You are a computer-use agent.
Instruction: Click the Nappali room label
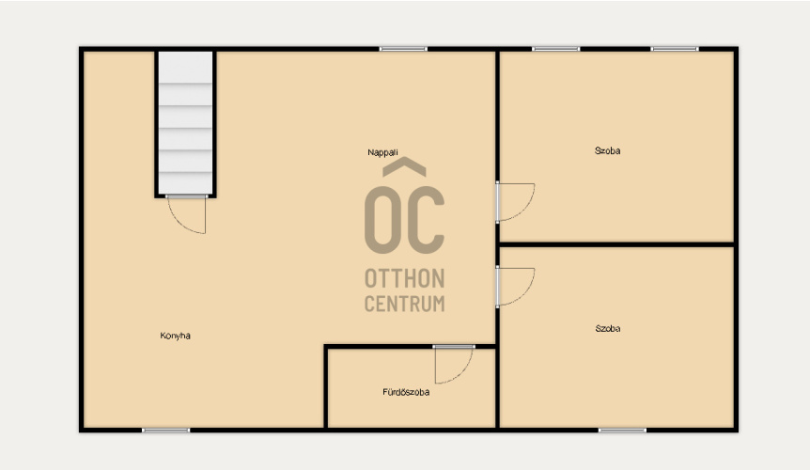382,152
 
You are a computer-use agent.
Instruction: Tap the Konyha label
175,336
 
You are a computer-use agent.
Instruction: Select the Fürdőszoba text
406,392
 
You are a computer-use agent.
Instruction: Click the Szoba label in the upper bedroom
607,150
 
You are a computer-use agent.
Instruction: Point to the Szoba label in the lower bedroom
608,328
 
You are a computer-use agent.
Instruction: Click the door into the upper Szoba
515,202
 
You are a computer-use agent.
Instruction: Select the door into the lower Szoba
515,287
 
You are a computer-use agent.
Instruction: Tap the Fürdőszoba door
454,365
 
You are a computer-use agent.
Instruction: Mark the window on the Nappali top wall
403,49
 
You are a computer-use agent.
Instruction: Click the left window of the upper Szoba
556,49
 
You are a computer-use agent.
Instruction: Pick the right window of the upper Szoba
675,49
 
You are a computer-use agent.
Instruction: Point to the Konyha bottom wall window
165,431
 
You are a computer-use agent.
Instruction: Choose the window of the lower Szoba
622,431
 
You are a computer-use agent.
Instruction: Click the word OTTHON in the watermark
404,278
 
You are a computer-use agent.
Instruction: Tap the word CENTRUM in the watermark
404,304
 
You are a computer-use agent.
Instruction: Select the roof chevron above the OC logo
404,166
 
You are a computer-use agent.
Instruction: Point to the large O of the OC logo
383,220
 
